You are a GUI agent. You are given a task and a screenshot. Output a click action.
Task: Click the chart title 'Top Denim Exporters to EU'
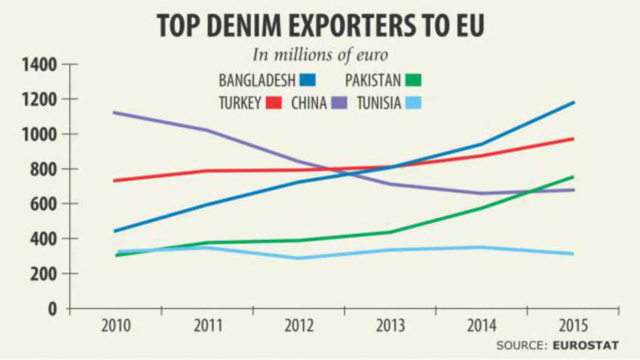(x=321, y=25)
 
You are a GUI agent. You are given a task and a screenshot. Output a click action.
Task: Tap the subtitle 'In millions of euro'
(x=320, y=55)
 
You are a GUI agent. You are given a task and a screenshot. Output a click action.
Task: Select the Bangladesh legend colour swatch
(x=308, y=80)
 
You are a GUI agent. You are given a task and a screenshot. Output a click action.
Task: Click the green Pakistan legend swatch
(x=417, y=80)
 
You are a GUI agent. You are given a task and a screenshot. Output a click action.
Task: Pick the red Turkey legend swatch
(x=274, y=103)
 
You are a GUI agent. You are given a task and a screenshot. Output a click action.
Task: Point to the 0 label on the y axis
(x=52, y=308)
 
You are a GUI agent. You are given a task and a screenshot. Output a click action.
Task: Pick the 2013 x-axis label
(x=391, y=326)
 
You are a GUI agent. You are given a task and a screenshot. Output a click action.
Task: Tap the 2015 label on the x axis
(x=573, y=326)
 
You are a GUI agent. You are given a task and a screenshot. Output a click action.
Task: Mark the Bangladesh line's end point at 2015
(x=574, y=102)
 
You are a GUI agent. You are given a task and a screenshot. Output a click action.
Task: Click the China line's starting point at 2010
(x=113, y=113)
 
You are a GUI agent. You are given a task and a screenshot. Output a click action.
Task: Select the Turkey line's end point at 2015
(x=574, y=139)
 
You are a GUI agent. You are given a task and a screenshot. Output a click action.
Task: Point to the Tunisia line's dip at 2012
(x=299, y=258)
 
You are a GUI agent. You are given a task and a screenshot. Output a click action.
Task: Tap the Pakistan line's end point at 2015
(x=574, y=177)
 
